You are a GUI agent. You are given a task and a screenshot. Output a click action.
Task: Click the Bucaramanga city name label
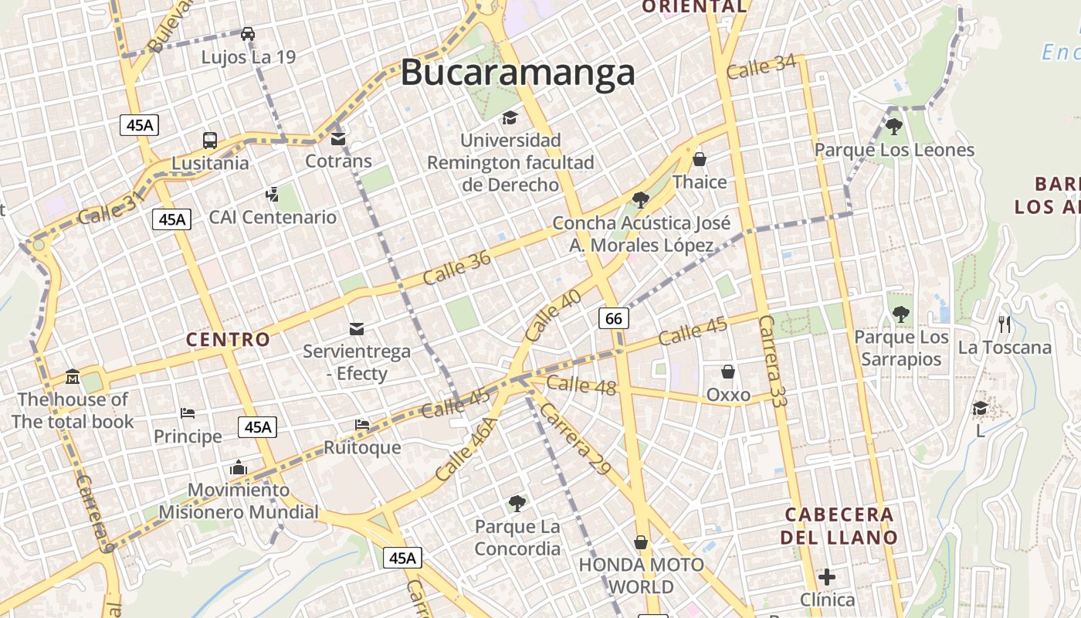(517, 73)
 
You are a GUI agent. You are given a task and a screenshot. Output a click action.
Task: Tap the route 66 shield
(614, 318)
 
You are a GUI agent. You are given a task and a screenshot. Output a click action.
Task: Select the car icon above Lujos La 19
(248, 33)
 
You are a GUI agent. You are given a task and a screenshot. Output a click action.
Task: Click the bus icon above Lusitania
(210, 141)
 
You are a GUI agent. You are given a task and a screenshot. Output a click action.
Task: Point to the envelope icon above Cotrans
(338, 139)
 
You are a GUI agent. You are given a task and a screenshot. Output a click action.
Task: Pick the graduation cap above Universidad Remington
(510, 117)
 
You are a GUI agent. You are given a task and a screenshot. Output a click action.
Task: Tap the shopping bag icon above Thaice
(700, 160)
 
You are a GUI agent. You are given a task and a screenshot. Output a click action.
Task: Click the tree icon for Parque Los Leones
(894, 126)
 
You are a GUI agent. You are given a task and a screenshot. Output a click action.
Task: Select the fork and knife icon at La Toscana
(1005, 324)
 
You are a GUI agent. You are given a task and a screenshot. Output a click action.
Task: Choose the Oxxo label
(728, 396)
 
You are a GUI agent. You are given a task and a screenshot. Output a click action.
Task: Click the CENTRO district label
(229, 339)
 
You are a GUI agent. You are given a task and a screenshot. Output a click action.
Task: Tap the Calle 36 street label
(457, 268)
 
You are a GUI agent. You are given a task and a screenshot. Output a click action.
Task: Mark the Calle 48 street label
(581, 384)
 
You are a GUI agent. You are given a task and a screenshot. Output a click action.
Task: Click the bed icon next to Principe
(188, 413)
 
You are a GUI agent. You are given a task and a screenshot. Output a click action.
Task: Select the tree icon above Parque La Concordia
(517, 504)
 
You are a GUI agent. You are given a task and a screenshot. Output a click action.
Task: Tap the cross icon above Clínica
(827, 577)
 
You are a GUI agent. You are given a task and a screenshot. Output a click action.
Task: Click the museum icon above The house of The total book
(73, 377)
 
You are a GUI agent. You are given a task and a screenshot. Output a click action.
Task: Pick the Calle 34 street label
(761, 66)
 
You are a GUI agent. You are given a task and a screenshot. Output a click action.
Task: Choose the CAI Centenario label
(273, 217)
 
